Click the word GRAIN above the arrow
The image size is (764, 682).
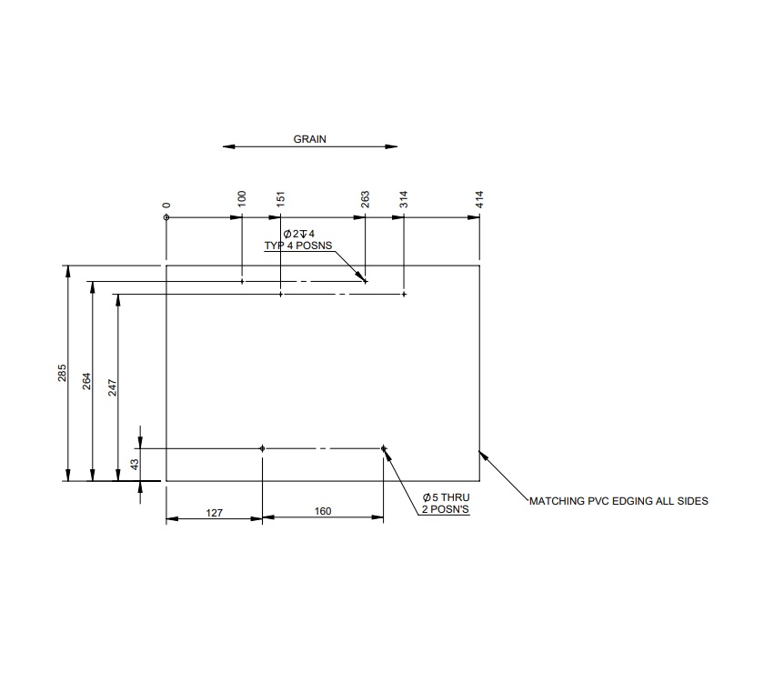309,140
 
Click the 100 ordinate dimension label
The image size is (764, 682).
241,199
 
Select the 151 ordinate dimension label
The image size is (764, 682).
280,199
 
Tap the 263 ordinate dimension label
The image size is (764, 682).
365,199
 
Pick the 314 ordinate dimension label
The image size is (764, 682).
404,199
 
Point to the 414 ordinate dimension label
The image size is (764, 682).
479,199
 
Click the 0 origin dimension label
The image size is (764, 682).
166,206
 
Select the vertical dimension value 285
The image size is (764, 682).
62,373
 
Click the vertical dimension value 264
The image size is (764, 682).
86,381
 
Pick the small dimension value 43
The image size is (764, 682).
135,464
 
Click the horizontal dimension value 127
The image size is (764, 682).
214,512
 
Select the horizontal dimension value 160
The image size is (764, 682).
323,512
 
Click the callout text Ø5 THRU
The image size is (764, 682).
445,498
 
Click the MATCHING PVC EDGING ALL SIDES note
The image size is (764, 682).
618,501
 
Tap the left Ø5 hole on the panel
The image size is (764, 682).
262,448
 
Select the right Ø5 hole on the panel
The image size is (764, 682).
384,448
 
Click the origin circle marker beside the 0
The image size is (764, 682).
166,218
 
